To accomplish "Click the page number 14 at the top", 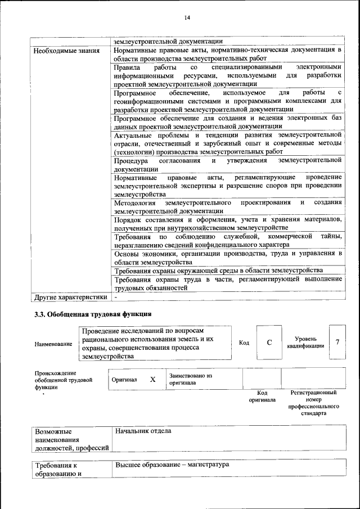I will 188,18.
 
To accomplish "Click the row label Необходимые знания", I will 62,51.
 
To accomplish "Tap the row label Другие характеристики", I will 70,297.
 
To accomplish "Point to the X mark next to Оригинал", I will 152,380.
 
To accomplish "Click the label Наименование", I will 53,344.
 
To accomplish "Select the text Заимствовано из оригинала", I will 190,379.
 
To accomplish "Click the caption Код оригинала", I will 262,396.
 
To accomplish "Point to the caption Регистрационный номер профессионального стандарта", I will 313,402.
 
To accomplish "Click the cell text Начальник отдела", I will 143,431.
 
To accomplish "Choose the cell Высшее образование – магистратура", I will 172,466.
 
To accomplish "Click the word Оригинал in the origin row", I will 124,380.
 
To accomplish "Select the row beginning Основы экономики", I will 227,258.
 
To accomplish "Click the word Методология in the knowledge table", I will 136,202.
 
